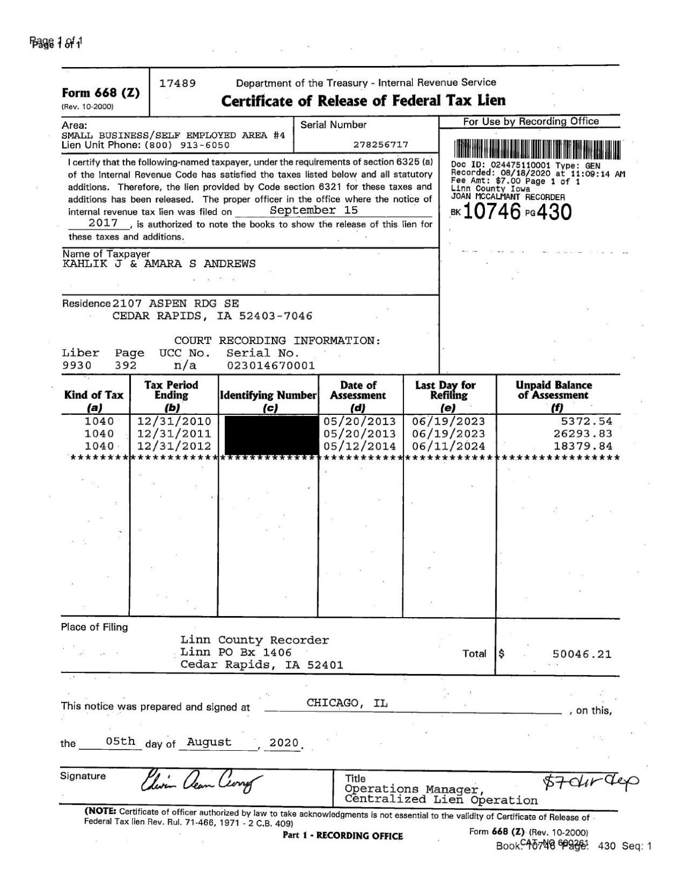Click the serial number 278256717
[381, 144]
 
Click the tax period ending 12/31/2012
[174, 446]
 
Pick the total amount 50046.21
[582, 654]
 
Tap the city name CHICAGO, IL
[347, 703]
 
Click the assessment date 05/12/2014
[360, 446]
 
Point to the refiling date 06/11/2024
[448, 446]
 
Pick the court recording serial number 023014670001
[270, 366]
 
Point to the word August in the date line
[209, 742]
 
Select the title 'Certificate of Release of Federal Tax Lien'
[364, 101]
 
